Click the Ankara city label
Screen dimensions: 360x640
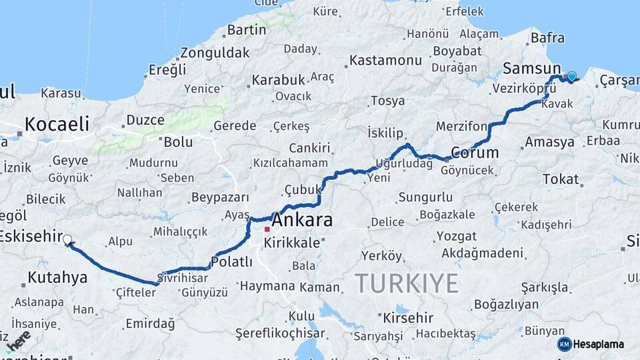click(302, 219)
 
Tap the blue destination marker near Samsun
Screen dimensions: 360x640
click(571, 76)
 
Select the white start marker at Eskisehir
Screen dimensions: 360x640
click(67, 239)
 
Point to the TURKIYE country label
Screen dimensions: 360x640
click(406, 283)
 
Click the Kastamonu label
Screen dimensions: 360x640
click(385, 60)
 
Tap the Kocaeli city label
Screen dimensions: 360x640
click(57, 124)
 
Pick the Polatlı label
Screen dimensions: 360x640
click(231, 262)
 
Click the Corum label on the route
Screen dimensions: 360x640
click(475, 152)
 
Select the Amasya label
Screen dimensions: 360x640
click(549, 142)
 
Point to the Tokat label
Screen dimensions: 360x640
click(561, 179)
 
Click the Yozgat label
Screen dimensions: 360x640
click(456, 236)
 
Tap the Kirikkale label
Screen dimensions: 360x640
click(292, 243)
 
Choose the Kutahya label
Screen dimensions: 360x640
click(57, 277)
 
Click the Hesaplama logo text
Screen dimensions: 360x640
click(599, 344)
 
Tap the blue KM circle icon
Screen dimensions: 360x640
click(565, 344)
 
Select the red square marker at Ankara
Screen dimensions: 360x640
click(267, 229)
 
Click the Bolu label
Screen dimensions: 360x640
click(178, 141)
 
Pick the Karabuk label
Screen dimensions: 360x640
click(277, 80)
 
